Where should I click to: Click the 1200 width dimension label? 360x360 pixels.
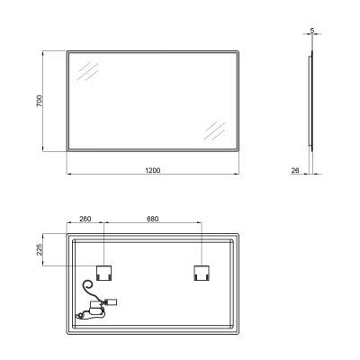[153, 167]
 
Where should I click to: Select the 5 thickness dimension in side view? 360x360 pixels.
[310, 31]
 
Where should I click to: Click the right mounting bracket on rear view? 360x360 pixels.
[200, 272]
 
